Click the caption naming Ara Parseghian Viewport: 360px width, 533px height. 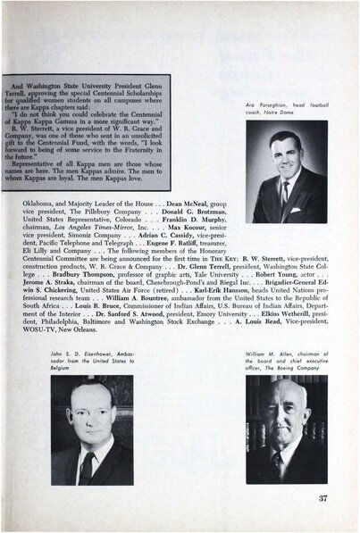pos(287,108)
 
